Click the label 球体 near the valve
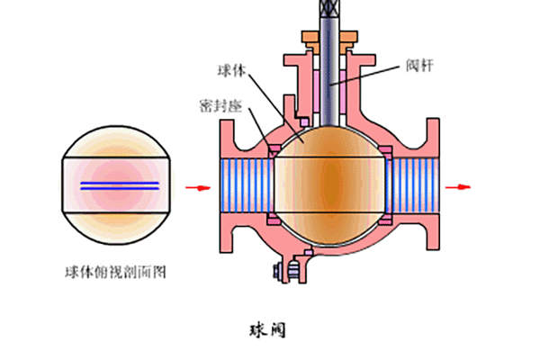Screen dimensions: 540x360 tap(232, 70)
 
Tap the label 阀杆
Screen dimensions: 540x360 tap(419, 66)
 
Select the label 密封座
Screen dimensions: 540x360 tap(221, 106)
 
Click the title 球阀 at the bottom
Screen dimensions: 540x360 tap(267, 330)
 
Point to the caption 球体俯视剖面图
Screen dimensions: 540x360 tap(116, 272)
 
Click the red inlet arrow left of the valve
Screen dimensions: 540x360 tap(198, 188)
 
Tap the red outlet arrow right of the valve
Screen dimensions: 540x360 tap(458, 187)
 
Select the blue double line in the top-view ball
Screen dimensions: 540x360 tap(120, 185)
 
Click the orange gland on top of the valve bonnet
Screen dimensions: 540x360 tap(329, 42)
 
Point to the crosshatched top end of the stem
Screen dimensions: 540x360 tap(329, 9)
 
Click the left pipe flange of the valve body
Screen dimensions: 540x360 tap(227, 186)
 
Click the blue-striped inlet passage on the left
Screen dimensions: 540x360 tap(247, 185)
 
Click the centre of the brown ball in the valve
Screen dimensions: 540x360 tap(329, 185)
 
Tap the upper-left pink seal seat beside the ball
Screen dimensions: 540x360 tap(274, 151)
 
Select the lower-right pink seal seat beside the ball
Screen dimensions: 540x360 tap(385, 219)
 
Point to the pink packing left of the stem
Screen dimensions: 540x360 tap(317, 91)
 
